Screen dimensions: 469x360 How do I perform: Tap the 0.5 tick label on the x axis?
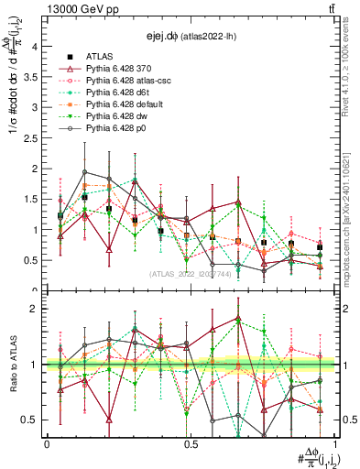(x=191, y=443)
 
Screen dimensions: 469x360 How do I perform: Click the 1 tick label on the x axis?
(x=334, y=443)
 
